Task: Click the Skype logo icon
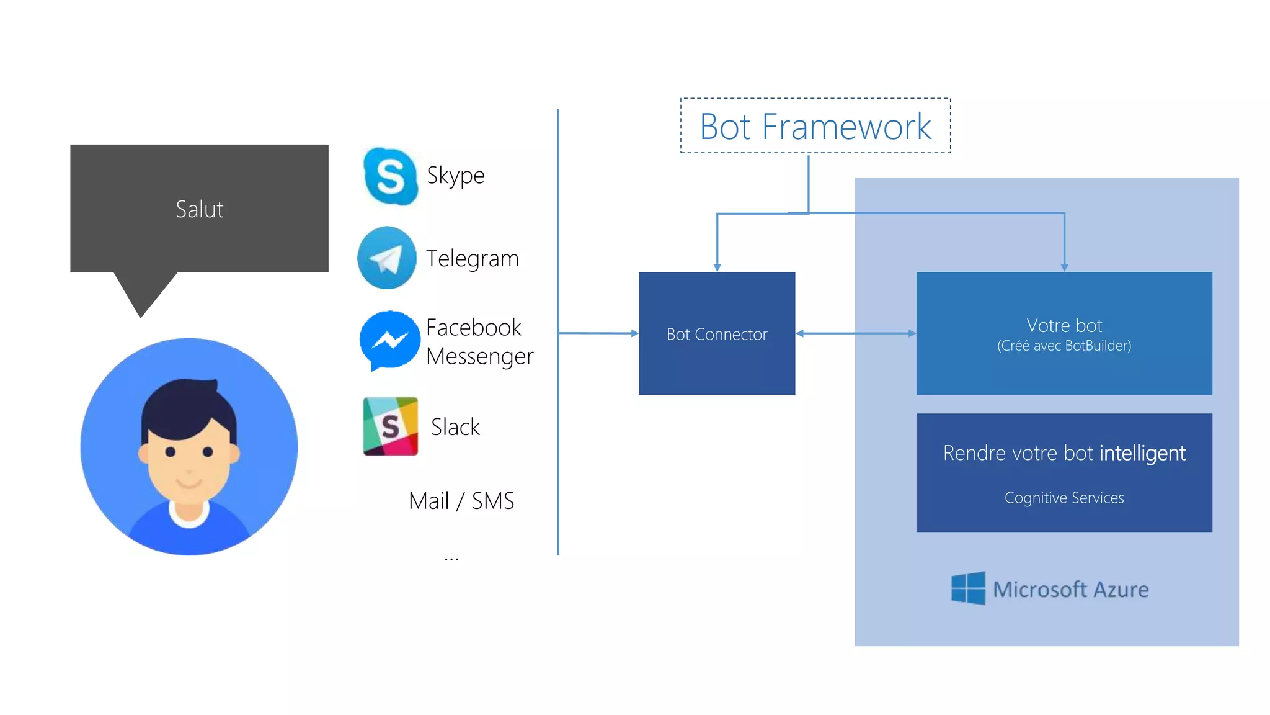[x=390, y=176]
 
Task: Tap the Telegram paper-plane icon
[x=387, y=258]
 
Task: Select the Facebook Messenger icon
[x=389, y=340]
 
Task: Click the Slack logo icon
[x=390, y=426]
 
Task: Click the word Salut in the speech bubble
[x=199, y=209]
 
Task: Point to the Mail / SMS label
[x=461, y=501]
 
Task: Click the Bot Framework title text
[x=815, y=127]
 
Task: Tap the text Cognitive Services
[x=1064, y=498]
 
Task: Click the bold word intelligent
[x=1142, y=453]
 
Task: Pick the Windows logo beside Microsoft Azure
[x=968, y=588]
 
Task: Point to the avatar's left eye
[x=171, y=452]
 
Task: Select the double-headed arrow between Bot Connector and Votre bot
[x=856, y=333]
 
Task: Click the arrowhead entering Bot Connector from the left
[x=634, y=333]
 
